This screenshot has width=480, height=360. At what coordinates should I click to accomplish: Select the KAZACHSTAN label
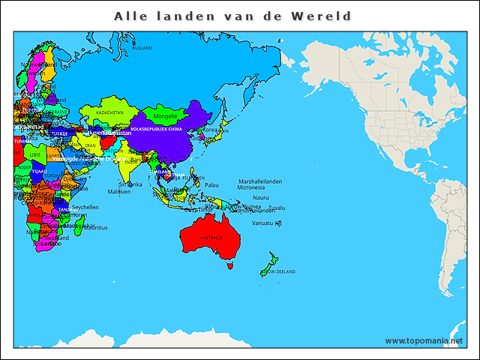click(x=110, y=112)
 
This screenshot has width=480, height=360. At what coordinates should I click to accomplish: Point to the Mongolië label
click(x=165, y=116)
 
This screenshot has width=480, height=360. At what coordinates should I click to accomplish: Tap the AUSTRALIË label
click(x=211, y=237)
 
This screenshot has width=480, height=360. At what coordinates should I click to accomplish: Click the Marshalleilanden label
click(x=260, y=181)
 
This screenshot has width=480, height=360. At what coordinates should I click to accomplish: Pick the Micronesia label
click(x=251, y=187)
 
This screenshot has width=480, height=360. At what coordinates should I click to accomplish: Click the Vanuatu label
click(x=262, y=223)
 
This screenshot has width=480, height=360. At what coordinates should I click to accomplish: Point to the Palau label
click(x=211, y=184)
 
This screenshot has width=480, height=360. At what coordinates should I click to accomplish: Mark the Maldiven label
click(x=119, y=191)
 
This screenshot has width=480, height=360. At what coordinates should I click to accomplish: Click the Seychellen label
click(x=85, y=207)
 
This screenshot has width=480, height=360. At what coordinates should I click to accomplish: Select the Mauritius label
click(x=94, y=227)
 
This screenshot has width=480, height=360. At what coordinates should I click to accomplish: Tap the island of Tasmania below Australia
click(x=231, y=265)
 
